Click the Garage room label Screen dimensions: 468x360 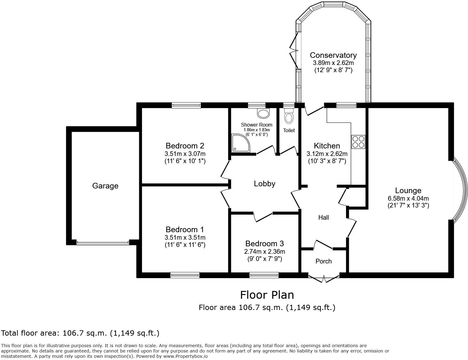pyautogui.click(x=105, y=186)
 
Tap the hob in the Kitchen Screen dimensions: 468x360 pyautogui.click(x=358, y=142)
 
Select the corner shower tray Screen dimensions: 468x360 pyautogui.click(x=241, y=143)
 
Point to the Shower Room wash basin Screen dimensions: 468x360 pyautogui.click(x=263, y=113)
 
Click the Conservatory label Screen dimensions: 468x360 pyautogui.click(x=333, y=55)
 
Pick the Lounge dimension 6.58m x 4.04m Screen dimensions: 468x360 pyautogui.click(x=408, y=198)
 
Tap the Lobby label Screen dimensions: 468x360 pyautogui.click(x=264, y=184)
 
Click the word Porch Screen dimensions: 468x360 pyautogui.click(x=323, y=261)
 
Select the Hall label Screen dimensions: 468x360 pyautogui.click(x=323, y=217)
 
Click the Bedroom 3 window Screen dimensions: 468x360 pyautogui.click(x=264, y=275)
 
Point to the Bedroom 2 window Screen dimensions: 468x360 pyautogui.click(x=186, y=105)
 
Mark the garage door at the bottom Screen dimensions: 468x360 pyautogui.click(x=103, y=243)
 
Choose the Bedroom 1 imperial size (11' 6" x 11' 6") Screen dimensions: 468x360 pyautogui.click(x=185, y=245)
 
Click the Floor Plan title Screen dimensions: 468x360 pyautogui.click(x=267, y=295)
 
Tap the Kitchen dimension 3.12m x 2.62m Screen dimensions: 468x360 pyautogui.click(x=327, y=154)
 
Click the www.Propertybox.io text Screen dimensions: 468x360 pyautogui.click(x=186, y=356)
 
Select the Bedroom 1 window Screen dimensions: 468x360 pyautogui.click(x=185, y=275)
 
